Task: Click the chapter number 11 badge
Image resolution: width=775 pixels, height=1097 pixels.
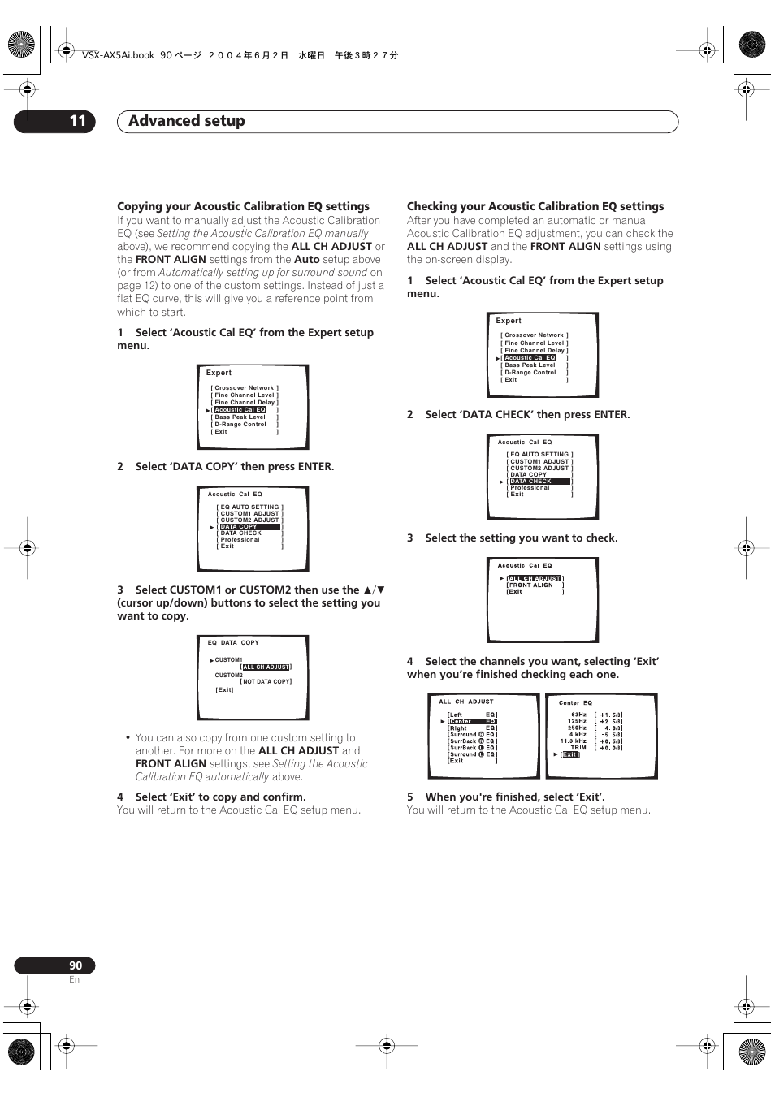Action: click(77, 121)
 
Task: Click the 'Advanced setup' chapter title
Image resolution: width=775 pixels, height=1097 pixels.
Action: click(186, 121)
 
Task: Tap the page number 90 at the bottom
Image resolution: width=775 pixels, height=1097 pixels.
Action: click(75, 965)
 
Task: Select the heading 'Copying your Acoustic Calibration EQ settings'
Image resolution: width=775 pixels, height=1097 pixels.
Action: click(243, 206)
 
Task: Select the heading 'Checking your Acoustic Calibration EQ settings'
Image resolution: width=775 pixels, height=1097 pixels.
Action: click(535, 206)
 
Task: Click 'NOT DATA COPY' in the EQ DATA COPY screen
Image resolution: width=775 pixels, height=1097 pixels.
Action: click(266, 682)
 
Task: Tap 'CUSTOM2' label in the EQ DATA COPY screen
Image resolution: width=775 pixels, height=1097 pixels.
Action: click(228, 675)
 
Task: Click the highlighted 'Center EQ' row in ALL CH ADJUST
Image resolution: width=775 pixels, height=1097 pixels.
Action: click(472, 721)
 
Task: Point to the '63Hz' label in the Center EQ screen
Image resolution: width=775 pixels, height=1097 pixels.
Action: click(578, 715)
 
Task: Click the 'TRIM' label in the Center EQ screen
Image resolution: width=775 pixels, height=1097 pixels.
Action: click(578, 747)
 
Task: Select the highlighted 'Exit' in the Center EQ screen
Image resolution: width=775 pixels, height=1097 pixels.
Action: click(570, 754)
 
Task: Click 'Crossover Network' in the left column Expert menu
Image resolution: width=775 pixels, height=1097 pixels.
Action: click(244, 388)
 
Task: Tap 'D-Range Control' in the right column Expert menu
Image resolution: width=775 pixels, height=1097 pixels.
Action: click(530, 373)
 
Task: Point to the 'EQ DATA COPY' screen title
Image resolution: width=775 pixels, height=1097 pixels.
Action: click(233, 642)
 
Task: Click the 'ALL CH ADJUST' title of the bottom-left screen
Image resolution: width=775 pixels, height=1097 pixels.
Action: click(465, 702)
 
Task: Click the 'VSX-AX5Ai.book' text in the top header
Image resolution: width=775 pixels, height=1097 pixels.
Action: click(118, 55)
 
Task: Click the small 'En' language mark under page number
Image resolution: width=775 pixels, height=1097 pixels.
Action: click(74, 979)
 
